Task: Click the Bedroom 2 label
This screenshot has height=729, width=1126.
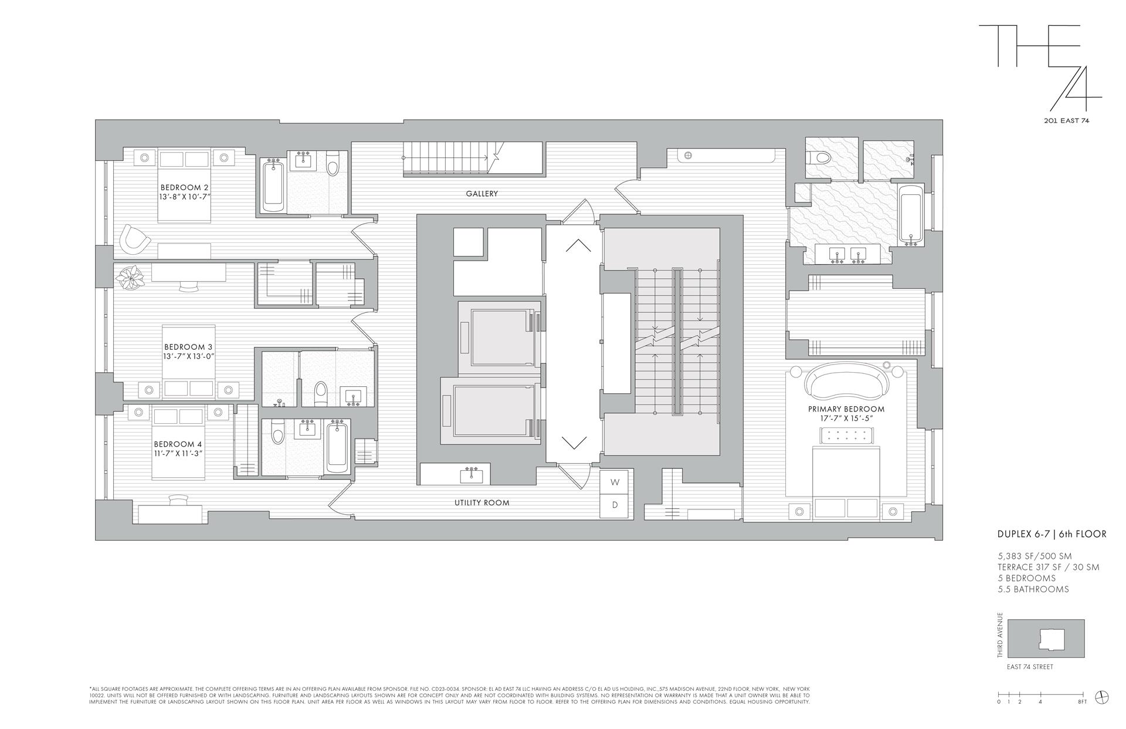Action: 184,187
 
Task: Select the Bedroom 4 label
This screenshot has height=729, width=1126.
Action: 178,444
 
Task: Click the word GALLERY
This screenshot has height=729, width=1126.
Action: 482,194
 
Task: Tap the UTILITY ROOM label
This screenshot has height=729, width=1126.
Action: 481,503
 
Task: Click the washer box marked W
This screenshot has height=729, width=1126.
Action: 615,482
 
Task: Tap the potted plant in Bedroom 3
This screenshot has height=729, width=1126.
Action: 130,276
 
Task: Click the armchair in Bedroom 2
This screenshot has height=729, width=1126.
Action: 134,239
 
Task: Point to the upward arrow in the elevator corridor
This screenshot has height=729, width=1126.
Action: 578,245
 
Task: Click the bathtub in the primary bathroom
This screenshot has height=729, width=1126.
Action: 910,215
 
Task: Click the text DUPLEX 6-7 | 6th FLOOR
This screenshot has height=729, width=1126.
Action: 1052,534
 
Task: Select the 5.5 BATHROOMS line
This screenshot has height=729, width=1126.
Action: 1033,589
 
